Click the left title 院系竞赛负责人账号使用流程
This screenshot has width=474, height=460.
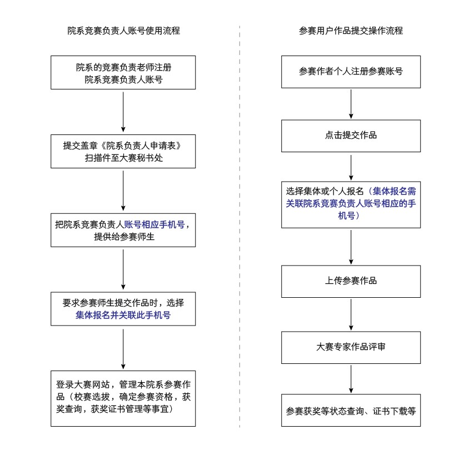pos(123,31)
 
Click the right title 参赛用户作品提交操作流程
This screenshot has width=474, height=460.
pos(351,31)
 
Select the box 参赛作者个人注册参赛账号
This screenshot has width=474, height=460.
pos(351,72)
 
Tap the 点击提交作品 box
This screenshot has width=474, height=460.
pos(351,135)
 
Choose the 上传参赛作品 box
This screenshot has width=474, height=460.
pos(351,281)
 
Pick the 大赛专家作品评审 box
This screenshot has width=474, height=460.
pos(351,347)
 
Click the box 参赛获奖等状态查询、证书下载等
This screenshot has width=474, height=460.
pos(351,411)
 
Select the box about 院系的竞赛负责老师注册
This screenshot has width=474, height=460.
pos(123,73)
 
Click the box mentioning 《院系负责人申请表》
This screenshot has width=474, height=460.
pos(123,151)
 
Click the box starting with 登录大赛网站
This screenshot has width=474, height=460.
pos(123,398)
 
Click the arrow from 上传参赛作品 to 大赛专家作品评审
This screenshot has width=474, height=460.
pos(351,314)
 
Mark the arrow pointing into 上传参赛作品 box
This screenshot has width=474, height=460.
pos(351,247)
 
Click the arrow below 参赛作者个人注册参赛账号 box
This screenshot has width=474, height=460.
pos(351,104)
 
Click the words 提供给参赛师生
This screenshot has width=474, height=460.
pos(123,237)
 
